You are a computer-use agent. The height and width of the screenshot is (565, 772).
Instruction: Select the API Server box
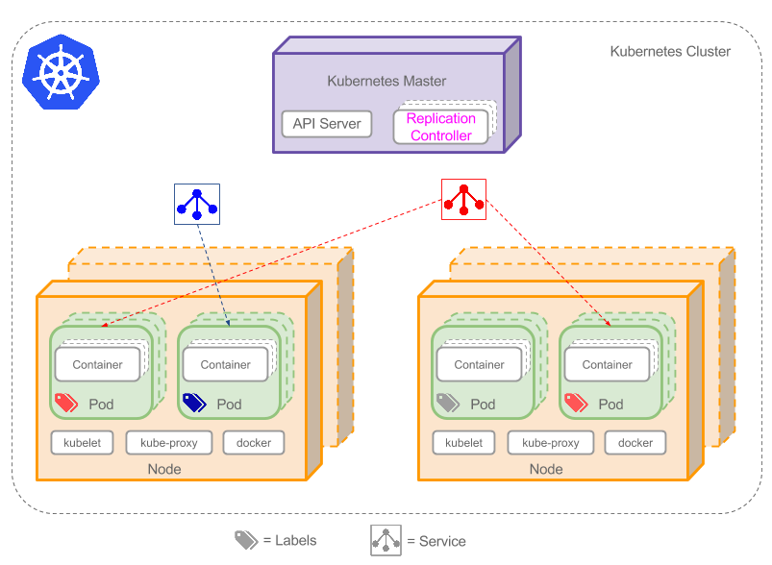click(x=327, y=124)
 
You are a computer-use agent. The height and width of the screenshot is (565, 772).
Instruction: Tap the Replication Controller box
click(x=441, y=127)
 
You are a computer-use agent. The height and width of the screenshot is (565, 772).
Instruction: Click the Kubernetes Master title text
click(x=386, y=82)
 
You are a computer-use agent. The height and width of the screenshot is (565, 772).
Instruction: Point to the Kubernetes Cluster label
click(x=670, y=51)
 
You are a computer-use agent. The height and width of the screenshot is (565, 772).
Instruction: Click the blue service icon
click(x=197, y=203)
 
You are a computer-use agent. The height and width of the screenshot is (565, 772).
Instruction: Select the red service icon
click(x=463, y=199)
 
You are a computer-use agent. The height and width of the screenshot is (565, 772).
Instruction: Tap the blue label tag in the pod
click(x=195, y=403)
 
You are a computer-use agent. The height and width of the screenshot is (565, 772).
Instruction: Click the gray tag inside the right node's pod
click(x=449, y=403)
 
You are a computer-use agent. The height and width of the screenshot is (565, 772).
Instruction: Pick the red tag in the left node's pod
click(x=66, y=403)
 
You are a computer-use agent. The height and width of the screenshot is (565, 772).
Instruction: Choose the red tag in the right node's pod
click(x=576, y=403)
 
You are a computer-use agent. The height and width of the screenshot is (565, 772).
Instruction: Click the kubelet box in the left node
click(x=83, y=443)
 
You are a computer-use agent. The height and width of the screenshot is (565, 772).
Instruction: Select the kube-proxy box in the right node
click(x=550, y=443)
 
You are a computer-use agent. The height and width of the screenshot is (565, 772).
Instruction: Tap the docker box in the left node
click(x=254, y=443)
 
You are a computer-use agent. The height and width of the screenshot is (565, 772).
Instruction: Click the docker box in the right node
click(x=635, y=443)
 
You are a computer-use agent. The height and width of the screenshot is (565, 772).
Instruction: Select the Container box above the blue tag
click(x=225, y=364)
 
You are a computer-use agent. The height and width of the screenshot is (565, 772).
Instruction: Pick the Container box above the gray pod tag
click(x=479, y=364)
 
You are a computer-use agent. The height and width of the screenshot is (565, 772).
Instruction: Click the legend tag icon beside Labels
click(x=246, y=540)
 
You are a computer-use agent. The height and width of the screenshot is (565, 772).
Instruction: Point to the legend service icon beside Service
click(x=386, y=540)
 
